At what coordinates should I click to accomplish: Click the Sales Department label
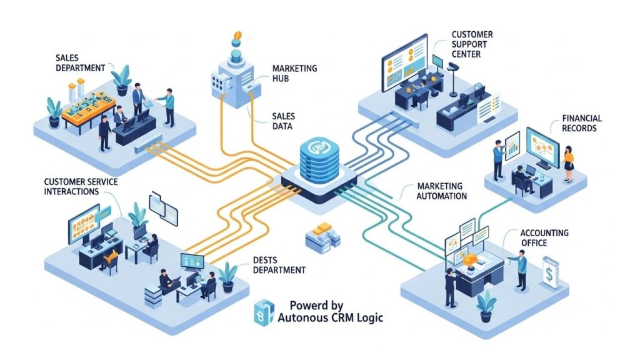pyautogui.click(x=79, y=62)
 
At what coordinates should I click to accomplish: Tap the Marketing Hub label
pyautogui.click(x=294, y=73)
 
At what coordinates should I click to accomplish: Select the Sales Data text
pyautogui.click(x=284, y=121)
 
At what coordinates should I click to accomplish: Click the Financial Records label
pyautogui.click(x=581, y=123)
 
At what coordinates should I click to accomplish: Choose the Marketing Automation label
pyautogui.click(x=441, y=191)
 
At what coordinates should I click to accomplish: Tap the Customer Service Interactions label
pyautogui.click(x=81, y=186)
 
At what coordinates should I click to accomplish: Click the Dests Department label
pyautogui.click(x=279, y=265)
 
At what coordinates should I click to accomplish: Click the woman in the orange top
pyautogui.click(x=568, y=161)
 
